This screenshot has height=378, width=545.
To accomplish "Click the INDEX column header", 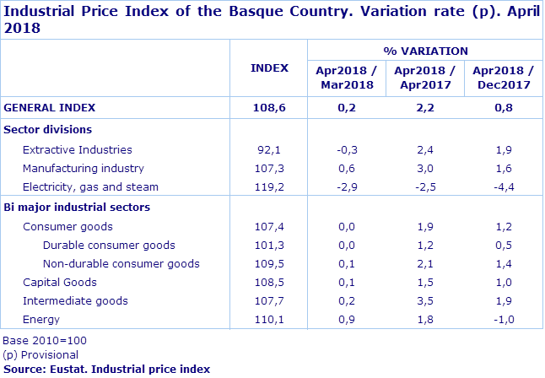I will point(269,68).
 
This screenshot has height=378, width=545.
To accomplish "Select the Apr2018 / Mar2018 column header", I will point(345,77).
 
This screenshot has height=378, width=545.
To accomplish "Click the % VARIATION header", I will point(425,51).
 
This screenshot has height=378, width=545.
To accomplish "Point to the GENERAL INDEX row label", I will point(50,107).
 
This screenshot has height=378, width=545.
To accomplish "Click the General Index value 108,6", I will point(269,107).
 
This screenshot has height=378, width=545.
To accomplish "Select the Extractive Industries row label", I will point(78,149).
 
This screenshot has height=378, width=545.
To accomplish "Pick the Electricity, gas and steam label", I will point(90,186).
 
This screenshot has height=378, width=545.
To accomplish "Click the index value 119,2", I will point(269,186).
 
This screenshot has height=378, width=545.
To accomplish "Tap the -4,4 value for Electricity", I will point(504,186).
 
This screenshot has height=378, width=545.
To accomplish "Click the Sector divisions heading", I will point(48,129).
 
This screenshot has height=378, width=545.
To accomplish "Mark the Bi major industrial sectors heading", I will point(77,207).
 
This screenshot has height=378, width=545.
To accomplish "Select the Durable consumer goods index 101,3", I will point(269,246).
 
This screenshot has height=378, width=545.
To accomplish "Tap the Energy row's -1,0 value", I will point(504,320).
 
